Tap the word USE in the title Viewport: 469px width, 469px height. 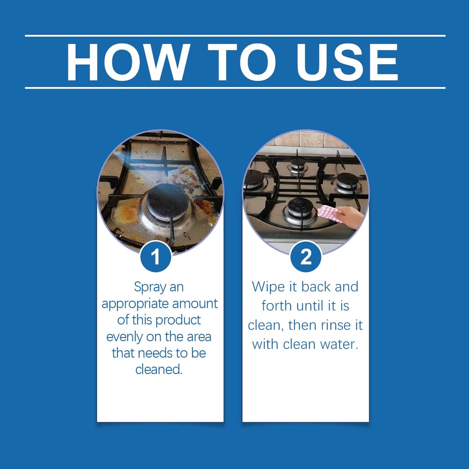pyautogui.click(x=347, y=62)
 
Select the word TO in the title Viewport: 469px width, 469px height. pyautogui.click(x=242, y=62)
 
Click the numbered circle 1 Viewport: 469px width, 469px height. pyautogui.click(x=156, y=256)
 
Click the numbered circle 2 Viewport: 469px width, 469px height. pyautogui.click(x=305, y=256)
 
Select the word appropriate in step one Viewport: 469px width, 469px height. pyautogui.click(x=135, y=304)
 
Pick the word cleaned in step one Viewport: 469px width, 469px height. pyautogui.click(x=159, y=370)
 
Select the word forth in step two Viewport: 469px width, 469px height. pyautogui.click(x=277, y=305)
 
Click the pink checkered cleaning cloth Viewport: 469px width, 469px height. pyautogui.click(x=329, y=213)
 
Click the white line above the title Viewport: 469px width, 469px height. pyautogui.click(x=235, y=36)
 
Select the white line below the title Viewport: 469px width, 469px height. pyautogui.click(x=235, y=88)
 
